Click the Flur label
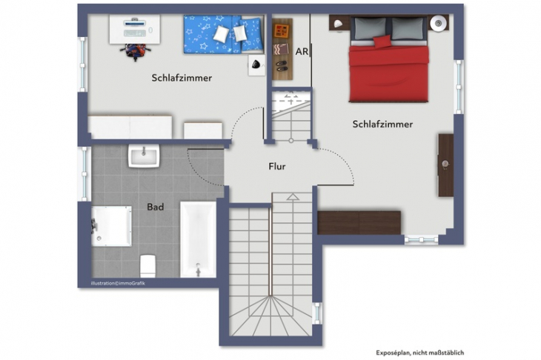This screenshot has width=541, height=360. (x=276, y=167)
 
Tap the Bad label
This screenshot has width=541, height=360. (x=155, y=207)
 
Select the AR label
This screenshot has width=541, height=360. (x=302, y=53)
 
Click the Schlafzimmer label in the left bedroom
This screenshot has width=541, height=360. (x=182, y=77)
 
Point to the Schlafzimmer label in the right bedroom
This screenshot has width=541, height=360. (x=382, y=124)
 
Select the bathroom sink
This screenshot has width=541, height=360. (x=145, y=156)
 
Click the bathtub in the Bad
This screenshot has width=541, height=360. (x=198, y=239)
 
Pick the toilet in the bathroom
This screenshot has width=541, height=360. (x=147, y=264)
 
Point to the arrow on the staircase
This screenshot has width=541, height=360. (x=293, y=198)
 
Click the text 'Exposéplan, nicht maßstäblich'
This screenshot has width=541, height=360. (x=422, y=353)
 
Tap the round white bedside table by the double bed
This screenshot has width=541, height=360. (x=439, y=22)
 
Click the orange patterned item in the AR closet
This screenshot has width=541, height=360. (x=282, y=31)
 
